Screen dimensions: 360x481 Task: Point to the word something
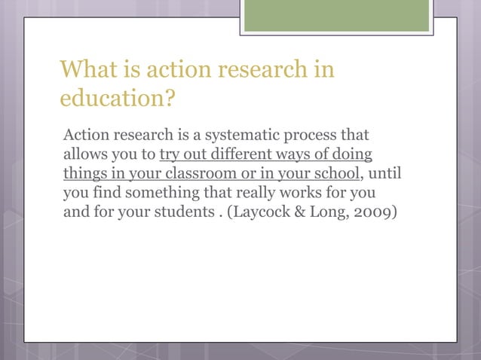[x=160, y=194]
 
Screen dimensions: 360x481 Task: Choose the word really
[x=256, y=194]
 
